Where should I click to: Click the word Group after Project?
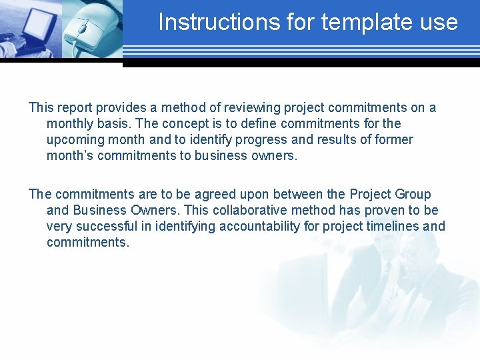413,195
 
